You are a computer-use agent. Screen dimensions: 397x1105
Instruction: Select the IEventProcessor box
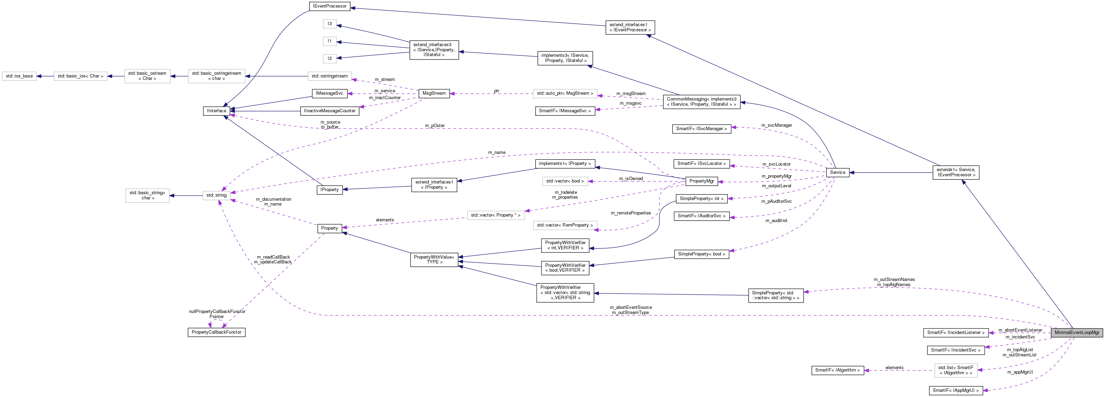coord(330,6)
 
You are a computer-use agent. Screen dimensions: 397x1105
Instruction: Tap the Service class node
coord(837,172)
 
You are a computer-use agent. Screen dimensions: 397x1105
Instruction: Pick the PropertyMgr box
coord(701,181)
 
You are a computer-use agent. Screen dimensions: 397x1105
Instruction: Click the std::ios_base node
coord(19,76)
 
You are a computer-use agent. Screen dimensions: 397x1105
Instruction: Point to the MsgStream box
coord(434,93)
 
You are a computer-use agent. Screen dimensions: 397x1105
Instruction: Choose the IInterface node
coord(216,111)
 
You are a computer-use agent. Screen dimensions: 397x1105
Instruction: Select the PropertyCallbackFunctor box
coord(216,332)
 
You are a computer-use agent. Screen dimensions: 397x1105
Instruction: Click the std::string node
coord(216,195)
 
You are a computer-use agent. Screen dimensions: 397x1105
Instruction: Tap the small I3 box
coord(330,24)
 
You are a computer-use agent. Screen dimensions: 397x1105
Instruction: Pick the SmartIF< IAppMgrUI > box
coord(955,390)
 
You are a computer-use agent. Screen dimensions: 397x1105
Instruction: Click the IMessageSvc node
coord(329,93)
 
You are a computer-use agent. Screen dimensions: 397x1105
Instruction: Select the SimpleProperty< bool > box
coord(701,254)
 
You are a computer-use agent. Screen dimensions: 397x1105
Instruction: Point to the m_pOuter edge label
coord(435,125)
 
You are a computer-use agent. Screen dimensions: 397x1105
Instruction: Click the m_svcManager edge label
coord(777,125)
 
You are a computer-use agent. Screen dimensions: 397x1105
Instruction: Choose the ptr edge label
coord(496,91)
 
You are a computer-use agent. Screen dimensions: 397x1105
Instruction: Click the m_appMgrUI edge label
coord(1020,372)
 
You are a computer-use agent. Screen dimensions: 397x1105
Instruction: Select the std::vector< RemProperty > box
coord(565,225)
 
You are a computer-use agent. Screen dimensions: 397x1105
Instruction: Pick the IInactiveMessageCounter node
coord(330,111)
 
